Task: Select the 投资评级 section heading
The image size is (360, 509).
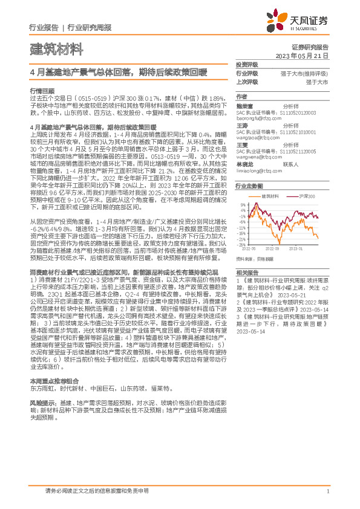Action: (246, 64)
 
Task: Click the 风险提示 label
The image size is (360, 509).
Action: (41, 401)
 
